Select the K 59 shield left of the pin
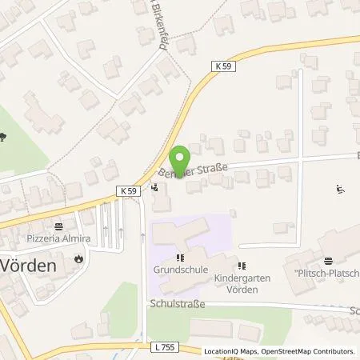pos(131,190)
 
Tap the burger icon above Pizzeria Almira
pos(58,227)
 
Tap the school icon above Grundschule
pos(182,258)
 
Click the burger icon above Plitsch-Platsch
pos(328,260)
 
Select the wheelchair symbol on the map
pos(340,190)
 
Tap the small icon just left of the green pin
pos(154,189)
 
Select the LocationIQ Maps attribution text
pos(233,351)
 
